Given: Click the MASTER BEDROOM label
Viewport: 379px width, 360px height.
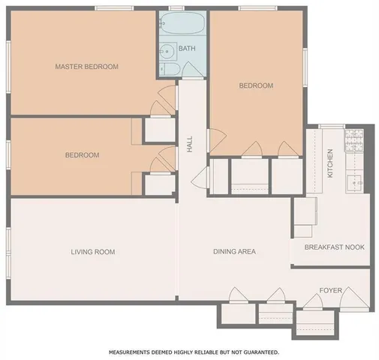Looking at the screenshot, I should [86, 67].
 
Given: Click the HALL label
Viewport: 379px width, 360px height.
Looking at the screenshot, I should [190, 143].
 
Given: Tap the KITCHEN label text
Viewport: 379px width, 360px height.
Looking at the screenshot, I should [329, 163].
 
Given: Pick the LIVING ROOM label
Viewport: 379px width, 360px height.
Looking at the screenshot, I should [92, 252].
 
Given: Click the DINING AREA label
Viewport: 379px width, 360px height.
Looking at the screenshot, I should [234, 252].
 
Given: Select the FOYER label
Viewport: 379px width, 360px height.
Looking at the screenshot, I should [331, 289].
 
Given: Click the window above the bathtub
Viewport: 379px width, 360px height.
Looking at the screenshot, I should [176, 8].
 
